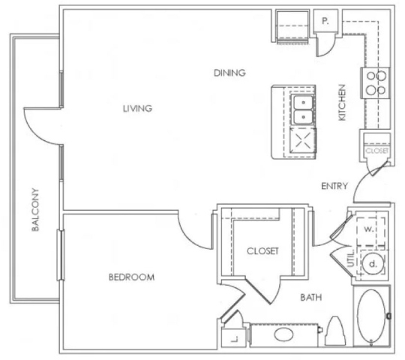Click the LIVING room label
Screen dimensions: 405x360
137,109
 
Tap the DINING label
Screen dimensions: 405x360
229,73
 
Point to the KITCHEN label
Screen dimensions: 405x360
342,103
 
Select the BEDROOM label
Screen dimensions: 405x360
131,277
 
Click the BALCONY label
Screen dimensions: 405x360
35,210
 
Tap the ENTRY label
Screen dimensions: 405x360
334,186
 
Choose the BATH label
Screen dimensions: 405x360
311,298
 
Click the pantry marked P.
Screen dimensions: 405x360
325,21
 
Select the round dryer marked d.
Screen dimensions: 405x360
373,264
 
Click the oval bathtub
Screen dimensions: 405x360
371,316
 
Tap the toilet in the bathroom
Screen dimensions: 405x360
335,331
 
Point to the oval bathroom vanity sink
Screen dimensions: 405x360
283,334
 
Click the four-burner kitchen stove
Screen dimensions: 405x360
376,83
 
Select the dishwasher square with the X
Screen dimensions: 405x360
303,141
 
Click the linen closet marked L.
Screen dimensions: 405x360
231,337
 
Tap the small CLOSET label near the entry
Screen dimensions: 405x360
377,151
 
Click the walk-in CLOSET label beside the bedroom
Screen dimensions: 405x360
262,251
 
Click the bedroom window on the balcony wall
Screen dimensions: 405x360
61,255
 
